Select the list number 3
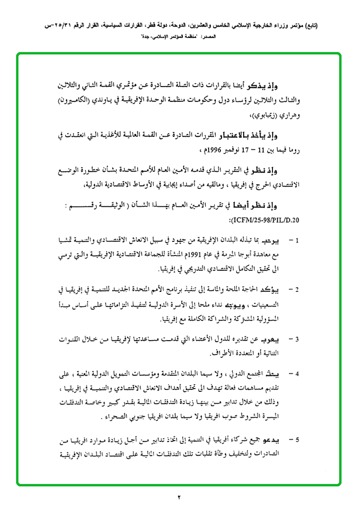click(x=297, y=339)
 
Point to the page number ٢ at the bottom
click(x=179, y=496)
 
